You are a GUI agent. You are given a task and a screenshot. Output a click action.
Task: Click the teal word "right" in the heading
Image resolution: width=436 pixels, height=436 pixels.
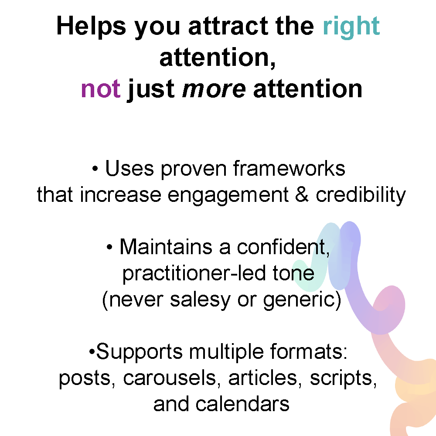[351, 27]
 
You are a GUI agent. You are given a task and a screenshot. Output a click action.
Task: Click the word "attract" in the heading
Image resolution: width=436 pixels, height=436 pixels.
[228, 26]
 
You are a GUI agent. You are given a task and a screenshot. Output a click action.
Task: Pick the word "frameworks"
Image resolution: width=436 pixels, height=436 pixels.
[289, 168]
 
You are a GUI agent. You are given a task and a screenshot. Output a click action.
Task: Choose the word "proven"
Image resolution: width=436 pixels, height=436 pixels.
[194, 170]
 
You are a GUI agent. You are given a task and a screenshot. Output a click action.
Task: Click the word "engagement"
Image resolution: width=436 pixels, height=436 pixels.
[228, 195]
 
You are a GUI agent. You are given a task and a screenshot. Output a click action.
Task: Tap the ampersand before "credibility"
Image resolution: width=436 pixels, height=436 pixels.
[302, 194]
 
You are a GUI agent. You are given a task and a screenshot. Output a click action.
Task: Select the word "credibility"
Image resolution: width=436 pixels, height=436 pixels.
[361, 195]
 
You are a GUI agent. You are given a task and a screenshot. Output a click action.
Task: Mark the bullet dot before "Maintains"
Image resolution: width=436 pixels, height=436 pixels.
[109, 247]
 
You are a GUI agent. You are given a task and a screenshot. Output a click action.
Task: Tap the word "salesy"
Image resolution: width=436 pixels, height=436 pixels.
[200, 300]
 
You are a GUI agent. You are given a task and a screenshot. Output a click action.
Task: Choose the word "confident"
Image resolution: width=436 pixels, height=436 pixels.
[283, 247]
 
